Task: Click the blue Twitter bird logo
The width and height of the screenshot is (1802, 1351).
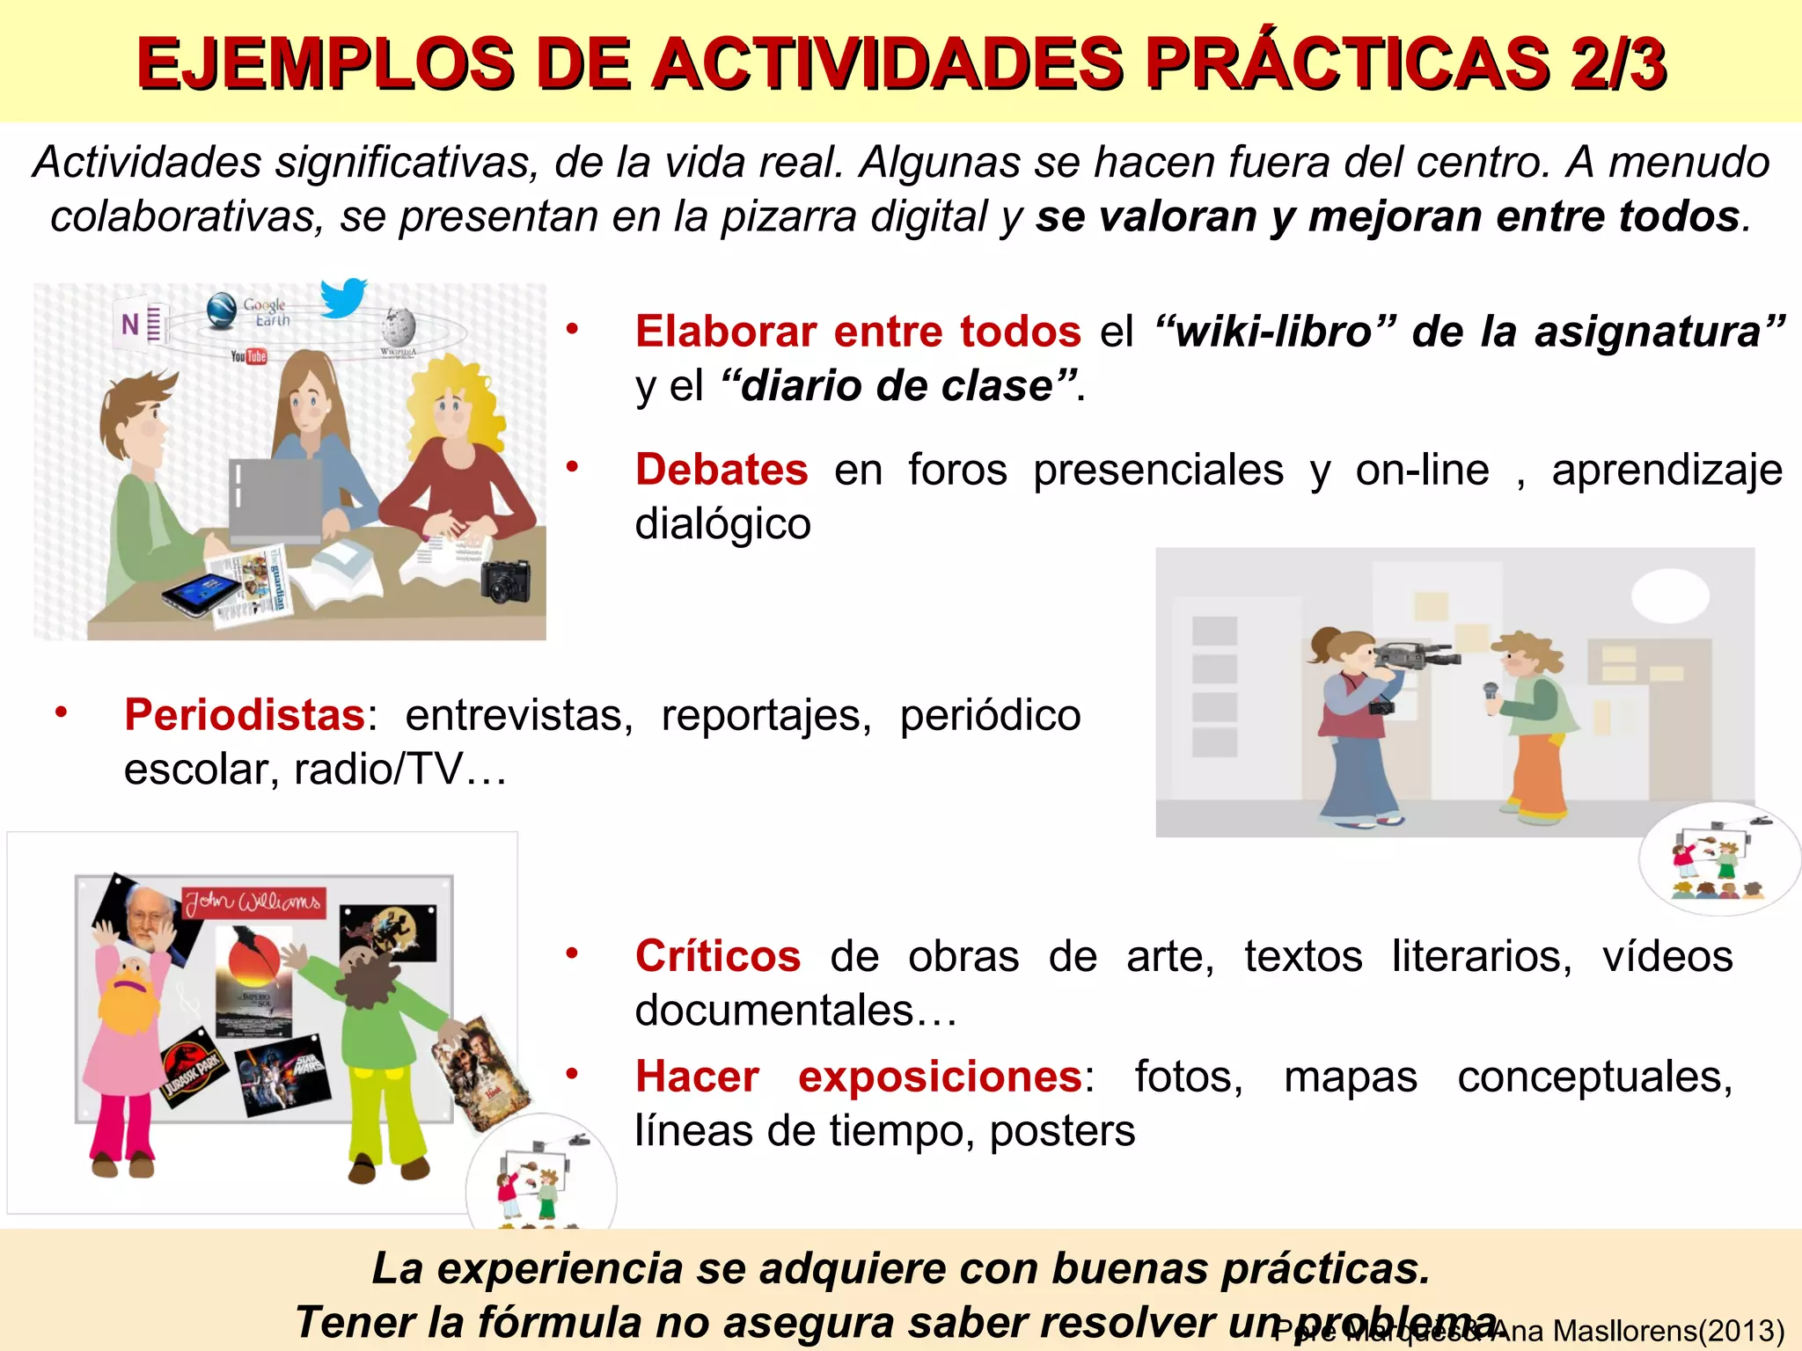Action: (343, 297)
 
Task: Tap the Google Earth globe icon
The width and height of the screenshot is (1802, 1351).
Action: (222, 310)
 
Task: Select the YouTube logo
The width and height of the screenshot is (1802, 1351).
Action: (248, 356)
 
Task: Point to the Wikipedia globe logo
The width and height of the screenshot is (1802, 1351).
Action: (398, 327)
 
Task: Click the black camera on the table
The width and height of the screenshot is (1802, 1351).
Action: (506, 581)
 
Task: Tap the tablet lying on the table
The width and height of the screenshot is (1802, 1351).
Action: (201, 594)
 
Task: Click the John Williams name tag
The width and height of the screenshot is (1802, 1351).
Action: (253, 902)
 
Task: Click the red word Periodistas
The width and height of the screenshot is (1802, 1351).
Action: (245, 715)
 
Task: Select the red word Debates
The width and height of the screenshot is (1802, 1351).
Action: (722, 470)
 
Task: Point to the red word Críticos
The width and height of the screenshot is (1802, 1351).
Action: (718, 956)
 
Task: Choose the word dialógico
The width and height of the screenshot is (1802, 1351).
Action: (723, 524)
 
